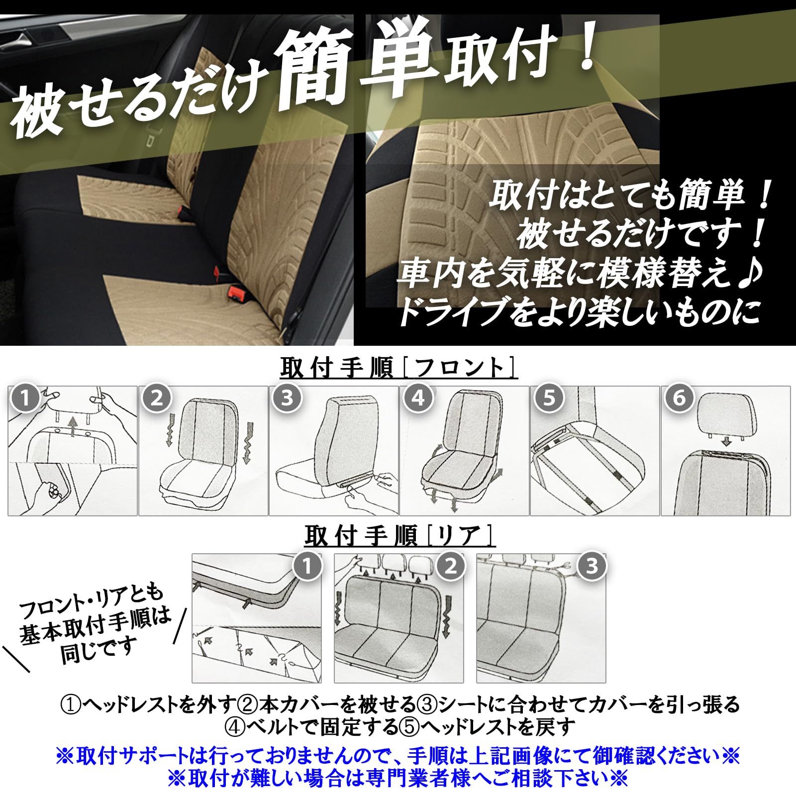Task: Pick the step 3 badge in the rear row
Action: click(592, 566)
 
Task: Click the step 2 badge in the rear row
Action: click(450, 566)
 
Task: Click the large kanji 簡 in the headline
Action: click(317, 65)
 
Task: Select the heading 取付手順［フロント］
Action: click(398, 369)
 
